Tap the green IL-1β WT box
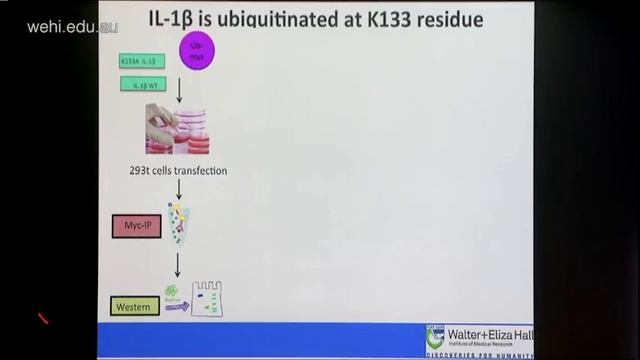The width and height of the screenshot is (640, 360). tap(143, 85)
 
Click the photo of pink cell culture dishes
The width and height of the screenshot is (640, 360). tap(176, 131)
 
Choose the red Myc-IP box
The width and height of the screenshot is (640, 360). tap(136, 225)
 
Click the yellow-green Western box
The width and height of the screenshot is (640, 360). tap(135, 306)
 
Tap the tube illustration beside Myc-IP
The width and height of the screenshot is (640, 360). tap(180, 223)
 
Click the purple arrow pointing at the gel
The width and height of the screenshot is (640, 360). tap(177, 307)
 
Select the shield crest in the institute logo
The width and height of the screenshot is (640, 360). tap(435, 337)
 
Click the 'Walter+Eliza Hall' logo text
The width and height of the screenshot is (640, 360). tap(489, 334)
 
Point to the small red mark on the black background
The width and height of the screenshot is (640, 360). tap(43, 319)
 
